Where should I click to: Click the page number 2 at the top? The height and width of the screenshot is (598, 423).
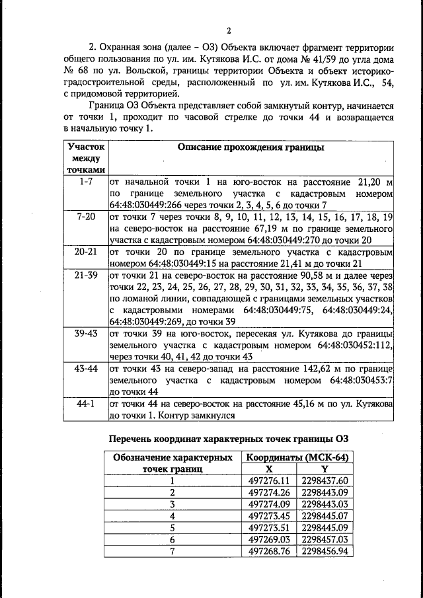(228, 30)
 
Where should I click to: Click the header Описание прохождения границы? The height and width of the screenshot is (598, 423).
(251, 148)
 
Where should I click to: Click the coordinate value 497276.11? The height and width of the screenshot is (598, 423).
(268, 480)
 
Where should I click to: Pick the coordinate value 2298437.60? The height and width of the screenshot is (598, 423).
(325, 480)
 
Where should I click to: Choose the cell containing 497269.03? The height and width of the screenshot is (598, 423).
(268, 540)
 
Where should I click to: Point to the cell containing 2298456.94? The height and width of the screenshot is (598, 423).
(325, 552)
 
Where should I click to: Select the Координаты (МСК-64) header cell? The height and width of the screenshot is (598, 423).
(297, 457)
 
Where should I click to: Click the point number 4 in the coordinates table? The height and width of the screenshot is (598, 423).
(173, 516)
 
